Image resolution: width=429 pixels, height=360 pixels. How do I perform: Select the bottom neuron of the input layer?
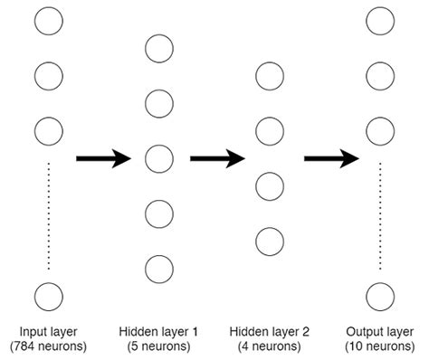(48, 296)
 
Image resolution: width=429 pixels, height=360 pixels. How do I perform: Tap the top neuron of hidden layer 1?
(158, 49)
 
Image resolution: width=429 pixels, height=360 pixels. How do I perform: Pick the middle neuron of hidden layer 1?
(158, 159)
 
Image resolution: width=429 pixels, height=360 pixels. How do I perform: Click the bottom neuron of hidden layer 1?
(158, 269)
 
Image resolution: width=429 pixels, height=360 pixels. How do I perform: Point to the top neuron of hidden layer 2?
(269, 76)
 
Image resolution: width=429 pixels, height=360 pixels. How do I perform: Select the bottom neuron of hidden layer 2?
(269, 242)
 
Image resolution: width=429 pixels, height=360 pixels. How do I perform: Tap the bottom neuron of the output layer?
(379, 296)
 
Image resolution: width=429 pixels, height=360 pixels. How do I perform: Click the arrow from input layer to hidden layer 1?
(103, 159)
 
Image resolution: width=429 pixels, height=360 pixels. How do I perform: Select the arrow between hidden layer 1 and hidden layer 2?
(217, 159)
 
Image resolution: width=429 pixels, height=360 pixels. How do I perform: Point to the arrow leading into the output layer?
(331, 159)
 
